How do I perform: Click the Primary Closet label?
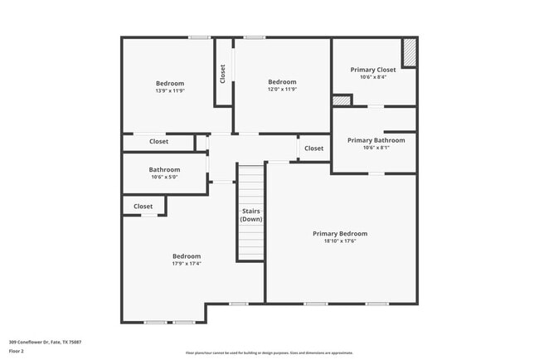[373, 70]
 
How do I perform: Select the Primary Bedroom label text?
[340, 234]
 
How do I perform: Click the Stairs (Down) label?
[250, 215]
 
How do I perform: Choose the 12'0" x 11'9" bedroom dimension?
[282, 89]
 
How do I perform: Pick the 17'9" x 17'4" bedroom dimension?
[187, 264]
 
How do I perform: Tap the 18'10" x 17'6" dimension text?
[340, 241]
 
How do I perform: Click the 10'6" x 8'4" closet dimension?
[373, 77]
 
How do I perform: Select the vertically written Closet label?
[223, 74]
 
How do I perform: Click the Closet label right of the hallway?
[313, 148]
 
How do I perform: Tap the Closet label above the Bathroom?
[159, 142]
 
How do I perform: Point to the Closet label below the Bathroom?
[143, 207]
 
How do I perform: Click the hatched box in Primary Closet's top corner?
[409, 52]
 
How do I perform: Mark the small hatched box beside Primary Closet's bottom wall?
[341, 100]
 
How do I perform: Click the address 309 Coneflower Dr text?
[45, 342]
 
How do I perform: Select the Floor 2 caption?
[17, 351]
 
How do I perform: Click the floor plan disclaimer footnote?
[269, 352]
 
